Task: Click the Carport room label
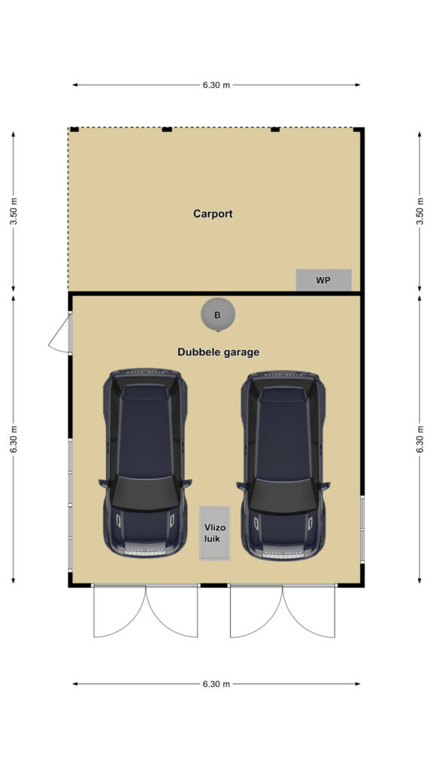tap(213, 214)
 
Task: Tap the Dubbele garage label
tap(219, 352)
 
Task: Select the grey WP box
tap(323, 280)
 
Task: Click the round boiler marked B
tap(218, 315)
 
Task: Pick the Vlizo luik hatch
tap(214, 533)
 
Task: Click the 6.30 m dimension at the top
tap(216, 85)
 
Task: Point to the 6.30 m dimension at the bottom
tap(216, 684)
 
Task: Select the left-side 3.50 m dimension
tap(14, 211)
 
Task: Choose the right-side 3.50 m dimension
tap(419, 211)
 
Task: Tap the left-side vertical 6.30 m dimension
tap(14, 439)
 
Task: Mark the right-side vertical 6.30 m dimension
tap(419, 439)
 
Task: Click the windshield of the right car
tap(283, 493)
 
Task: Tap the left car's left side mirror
tap(103, 484)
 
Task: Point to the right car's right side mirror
tap(325, 486)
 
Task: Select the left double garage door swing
tap(145, 611)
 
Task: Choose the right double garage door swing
tap(283, 611)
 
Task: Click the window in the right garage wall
tap(362, 529)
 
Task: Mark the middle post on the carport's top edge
tap(167, 129)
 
